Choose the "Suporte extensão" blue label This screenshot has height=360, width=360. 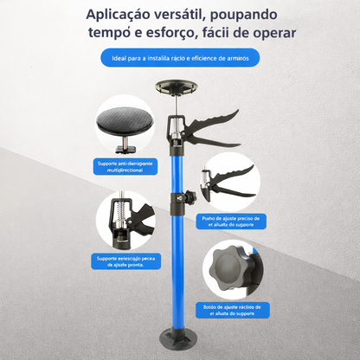[126, 261]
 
